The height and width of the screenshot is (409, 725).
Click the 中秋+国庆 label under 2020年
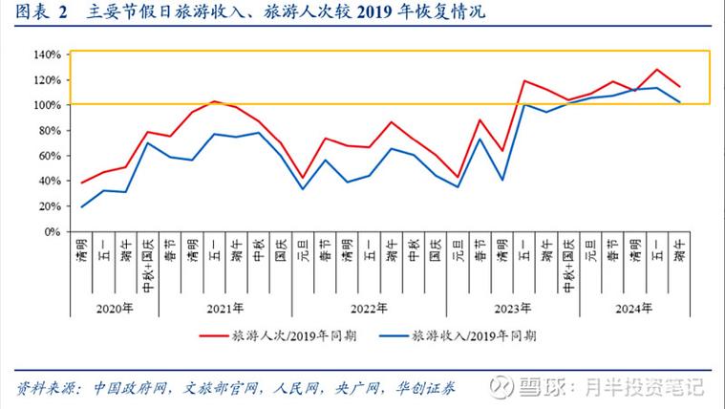coord(149,265)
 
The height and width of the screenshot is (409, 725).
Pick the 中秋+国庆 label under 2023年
coord(569,265)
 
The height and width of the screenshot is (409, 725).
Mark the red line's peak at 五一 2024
coord(657,70)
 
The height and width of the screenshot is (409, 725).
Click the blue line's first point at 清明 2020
coord(83,206)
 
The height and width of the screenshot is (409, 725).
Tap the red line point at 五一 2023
coord(524,80)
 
